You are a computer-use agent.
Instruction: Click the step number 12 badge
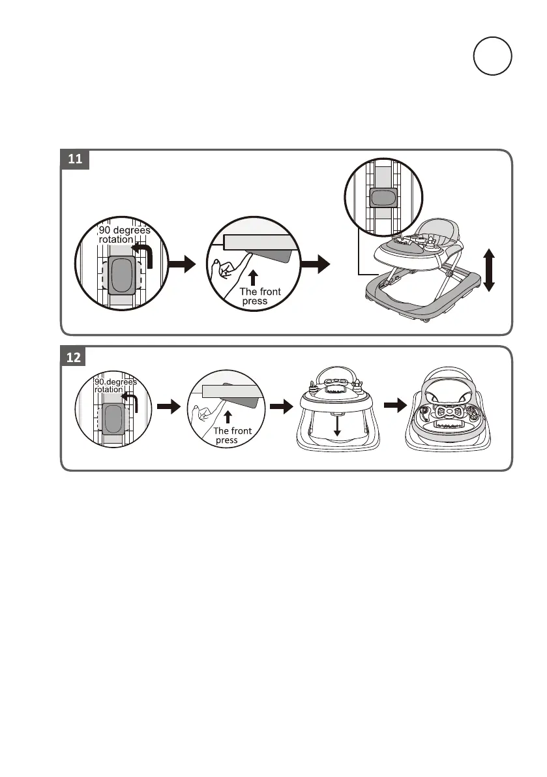pyautogui.click(x=75, y=356)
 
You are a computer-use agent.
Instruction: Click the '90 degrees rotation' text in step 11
pyautogui.click(x=124, y=235)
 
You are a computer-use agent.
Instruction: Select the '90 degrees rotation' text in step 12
pyautogui.click(x=115, y=386)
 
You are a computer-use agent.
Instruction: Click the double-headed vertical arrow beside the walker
pyautogui.click(x=490, y=269)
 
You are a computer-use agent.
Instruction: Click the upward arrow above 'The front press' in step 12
pyautogui.click(x=229, y=416)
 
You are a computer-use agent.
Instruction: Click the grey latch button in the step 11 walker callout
pyautogui.click(x=383, y=199)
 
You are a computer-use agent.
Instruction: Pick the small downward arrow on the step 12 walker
pyautogui.click(x=337, y=426)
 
